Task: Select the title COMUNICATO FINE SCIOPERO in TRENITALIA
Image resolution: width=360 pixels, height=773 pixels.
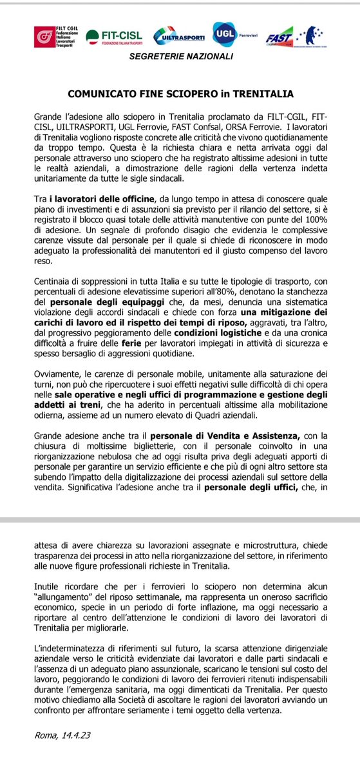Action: pos(181,94)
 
